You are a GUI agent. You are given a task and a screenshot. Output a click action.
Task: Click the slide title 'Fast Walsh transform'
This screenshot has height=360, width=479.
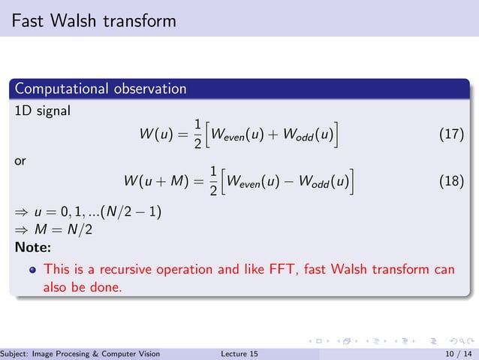(x=94, y=20)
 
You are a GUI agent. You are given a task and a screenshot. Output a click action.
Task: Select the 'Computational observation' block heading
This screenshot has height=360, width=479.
(x=99, y=89)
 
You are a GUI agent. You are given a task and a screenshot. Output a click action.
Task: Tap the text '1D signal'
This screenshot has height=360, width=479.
(x=43, y=111)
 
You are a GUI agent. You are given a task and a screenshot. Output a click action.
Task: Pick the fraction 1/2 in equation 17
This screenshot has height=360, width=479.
(x=197, y=135)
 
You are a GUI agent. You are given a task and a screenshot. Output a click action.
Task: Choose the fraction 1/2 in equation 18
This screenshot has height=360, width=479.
(x=213, y=182)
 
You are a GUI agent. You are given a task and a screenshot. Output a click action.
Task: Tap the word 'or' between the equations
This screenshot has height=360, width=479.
(x=21, y=159)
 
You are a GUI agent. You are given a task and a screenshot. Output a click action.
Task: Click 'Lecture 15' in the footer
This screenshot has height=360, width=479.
(x=240, y=353)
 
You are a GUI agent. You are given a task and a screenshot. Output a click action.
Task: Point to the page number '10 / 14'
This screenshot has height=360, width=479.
(x=459, y=353)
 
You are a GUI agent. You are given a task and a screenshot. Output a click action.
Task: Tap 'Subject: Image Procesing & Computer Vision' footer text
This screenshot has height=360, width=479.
(x=80, y=353)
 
